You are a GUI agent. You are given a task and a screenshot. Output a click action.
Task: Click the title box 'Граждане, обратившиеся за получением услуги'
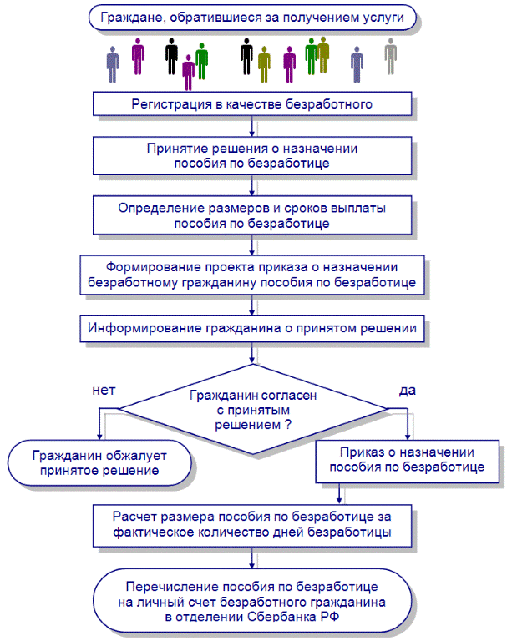tap(252, 18)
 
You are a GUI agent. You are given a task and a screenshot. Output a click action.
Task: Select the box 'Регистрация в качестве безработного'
tap(251, 104)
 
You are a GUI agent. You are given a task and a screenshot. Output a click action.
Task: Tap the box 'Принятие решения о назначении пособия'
tap(251, 155)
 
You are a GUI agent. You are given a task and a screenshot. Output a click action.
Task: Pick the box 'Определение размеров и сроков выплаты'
tap(251, 215)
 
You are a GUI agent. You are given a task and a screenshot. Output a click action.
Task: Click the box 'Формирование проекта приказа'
tap(251, 275)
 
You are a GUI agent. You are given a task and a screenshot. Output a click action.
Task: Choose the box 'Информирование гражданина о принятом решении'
tap(251, 328)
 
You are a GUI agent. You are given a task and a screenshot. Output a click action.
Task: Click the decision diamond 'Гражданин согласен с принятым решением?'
tap(253, 409)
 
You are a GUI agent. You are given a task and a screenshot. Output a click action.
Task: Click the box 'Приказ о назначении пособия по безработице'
tap(408, 459)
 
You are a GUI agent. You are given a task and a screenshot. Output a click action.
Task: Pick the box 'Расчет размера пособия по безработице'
tap(251, 523)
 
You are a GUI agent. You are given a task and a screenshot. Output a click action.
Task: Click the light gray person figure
tap(390, 58)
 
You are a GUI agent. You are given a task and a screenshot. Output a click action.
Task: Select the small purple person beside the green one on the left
tap(188, 72)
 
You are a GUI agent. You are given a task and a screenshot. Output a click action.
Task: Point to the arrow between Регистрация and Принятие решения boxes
tap(251, 126)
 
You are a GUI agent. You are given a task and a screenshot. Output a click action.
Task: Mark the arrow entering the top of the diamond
tap(251, 354)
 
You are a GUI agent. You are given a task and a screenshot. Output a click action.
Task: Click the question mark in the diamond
tap(288, 425)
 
